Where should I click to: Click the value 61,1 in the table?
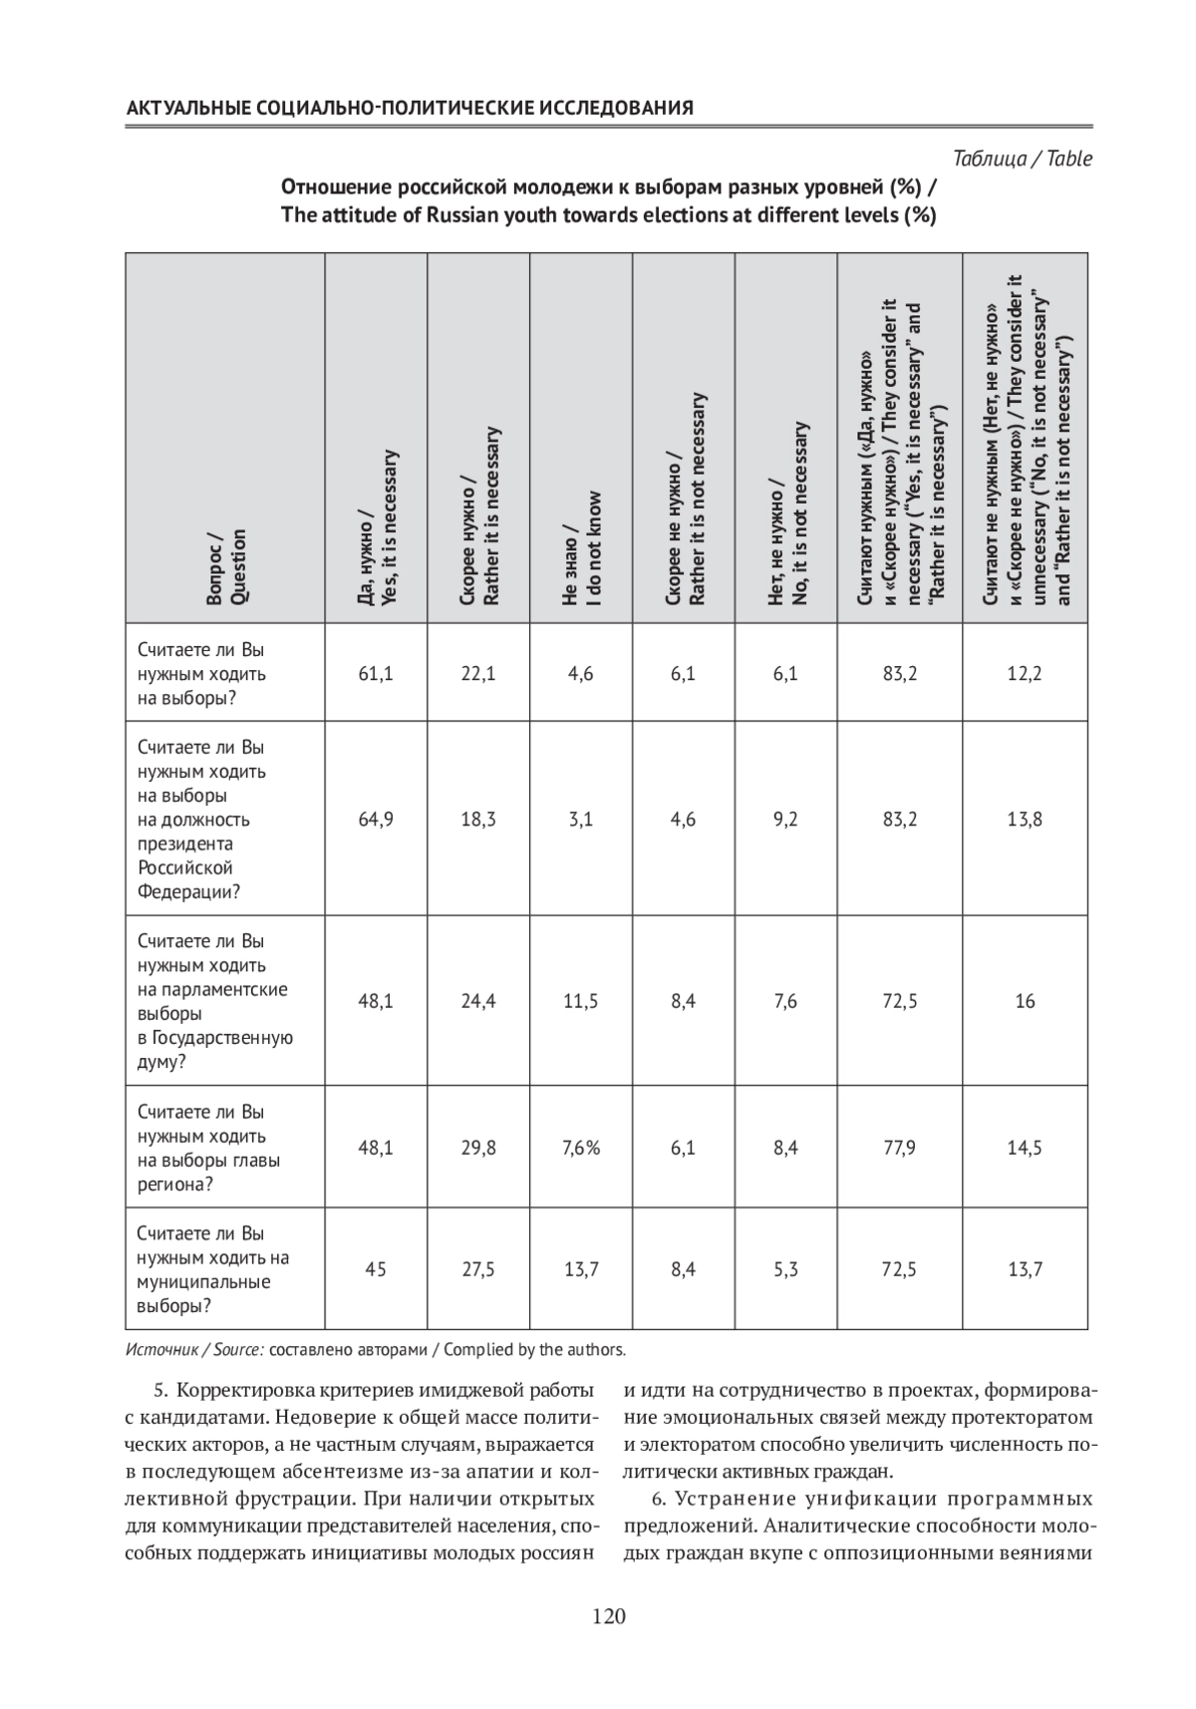[376, 674]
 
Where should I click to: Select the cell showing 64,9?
[376, 820]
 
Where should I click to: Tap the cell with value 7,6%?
[581, 1148]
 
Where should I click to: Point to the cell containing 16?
[1025, 1001]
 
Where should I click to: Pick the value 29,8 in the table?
[478, 1148]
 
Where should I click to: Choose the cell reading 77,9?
[900, 1148]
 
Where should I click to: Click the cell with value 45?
[376, 1269]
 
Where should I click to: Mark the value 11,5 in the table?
[581, 1001]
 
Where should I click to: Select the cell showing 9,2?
[785, 820]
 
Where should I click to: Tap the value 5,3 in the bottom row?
[785, 1269]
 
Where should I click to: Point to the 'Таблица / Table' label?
[1023, 159]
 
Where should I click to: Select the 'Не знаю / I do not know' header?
[581, 548]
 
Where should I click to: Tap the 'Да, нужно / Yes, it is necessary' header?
[377, 528]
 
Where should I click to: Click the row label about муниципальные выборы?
[213, 1269]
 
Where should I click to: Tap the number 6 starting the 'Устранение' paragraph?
[658, 1499]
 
